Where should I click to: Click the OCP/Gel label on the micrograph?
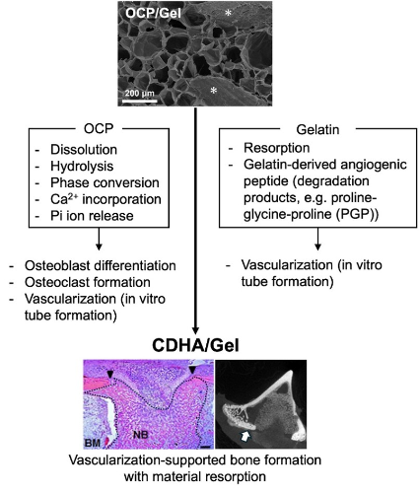(153, 13)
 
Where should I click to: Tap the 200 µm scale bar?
(140, 101)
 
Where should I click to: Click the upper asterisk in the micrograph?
(228, 13)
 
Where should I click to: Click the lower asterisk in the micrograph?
(214, 91)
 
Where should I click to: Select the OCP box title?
(99, 128)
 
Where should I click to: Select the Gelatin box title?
(317, 129)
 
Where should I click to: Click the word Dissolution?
(84, 150)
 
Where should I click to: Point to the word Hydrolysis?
(82, 166)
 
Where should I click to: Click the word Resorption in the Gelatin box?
(277, 148)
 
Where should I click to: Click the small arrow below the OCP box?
(99, 239)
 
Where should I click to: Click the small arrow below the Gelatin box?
(317, 239)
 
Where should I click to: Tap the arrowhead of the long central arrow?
(195, 330)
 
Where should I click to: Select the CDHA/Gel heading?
(195, 345)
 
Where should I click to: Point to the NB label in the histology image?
(140, 435)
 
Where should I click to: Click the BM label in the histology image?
(93, 443)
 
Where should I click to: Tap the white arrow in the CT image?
(245, 436)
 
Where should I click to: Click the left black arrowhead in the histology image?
(110, 374)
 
